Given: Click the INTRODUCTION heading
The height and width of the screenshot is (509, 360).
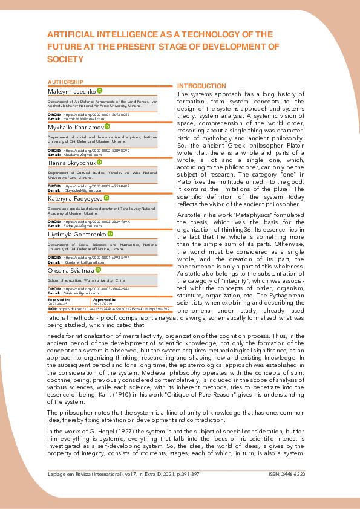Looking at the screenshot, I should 201,86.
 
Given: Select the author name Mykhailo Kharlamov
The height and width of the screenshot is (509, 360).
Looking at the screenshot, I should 75,127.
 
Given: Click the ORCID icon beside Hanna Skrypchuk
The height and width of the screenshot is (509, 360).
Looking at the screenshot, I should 100,162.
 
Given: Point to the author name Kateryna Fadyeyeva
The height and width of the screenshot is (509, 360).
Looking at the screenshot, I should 75,198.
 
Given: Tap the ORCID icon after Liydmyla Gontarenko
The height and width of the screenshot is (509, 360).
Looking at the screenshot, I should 110,233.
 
